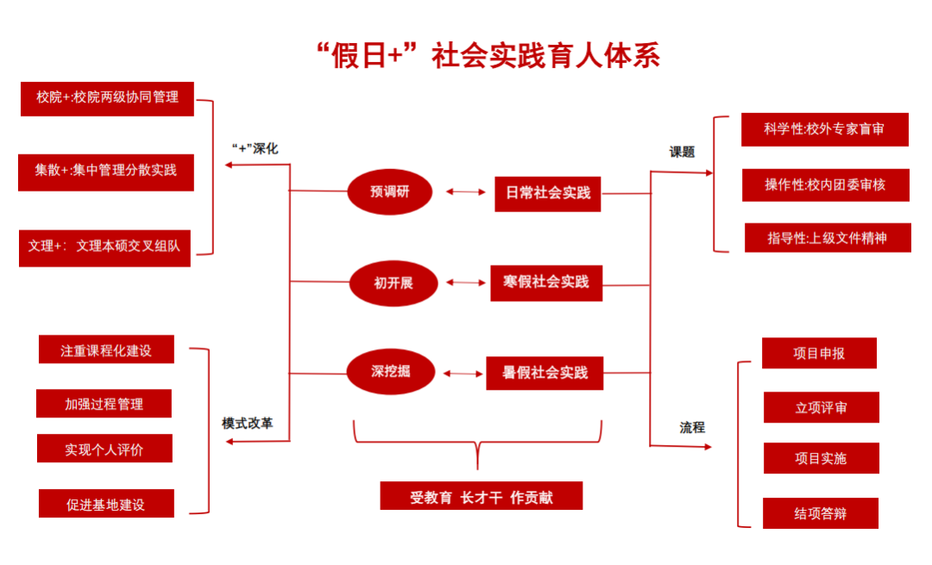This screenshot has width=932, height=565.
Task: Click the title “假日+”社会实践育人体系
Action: (x=488, y=55)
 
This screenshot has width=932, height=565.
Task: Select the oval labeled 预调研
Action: (x=389, y=191)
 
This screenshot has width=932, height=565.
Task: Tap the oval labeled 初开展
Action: (x=393, y=282)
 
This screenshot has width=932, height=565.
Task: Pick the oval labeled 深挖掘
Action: (x=390, y=372)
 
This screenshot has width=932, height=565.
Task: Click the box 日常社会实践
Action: (x=548, y=193)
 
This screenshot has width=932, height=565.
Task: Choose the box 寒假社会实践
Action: (x=546, y=282)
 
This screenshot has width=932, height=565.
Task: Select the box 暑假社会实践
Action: (x=545, y=373)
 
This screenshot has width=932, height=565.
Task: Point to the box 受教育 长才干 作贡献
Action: (x=481, y=497)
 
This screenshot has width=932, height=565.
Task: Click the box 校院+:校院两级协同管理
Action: (x=107, y=97)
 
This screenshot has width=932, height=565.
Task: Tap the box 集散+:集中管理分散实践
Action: (x=106, y=171)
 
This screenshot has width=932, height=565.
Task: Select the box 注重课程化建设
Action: (x=106, y=350)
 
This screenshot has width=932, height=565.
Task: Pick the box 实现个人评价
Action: (x=104, y=449)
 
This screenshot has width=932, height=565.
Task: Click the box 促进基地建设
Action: (x=106, y=504)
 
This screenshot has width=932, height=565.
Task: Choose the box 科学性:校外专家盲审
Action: (x=824, y=129)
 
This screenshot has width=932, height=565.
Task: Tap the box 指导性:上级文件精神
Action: (x=828, y=237)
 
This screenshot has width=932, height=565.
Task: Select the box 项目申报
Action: (x=819, y=353)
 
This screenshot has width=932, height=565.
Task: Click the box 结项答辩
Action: (x=821, y=513)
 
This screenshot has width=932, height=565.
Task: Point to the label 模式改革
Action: (x=248, y=424)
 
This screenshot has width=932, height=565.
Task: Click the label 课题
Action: (x=682, y=152)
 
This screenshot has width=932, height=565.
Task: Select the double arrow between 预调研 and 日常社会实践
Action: (x=466, y=191)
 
